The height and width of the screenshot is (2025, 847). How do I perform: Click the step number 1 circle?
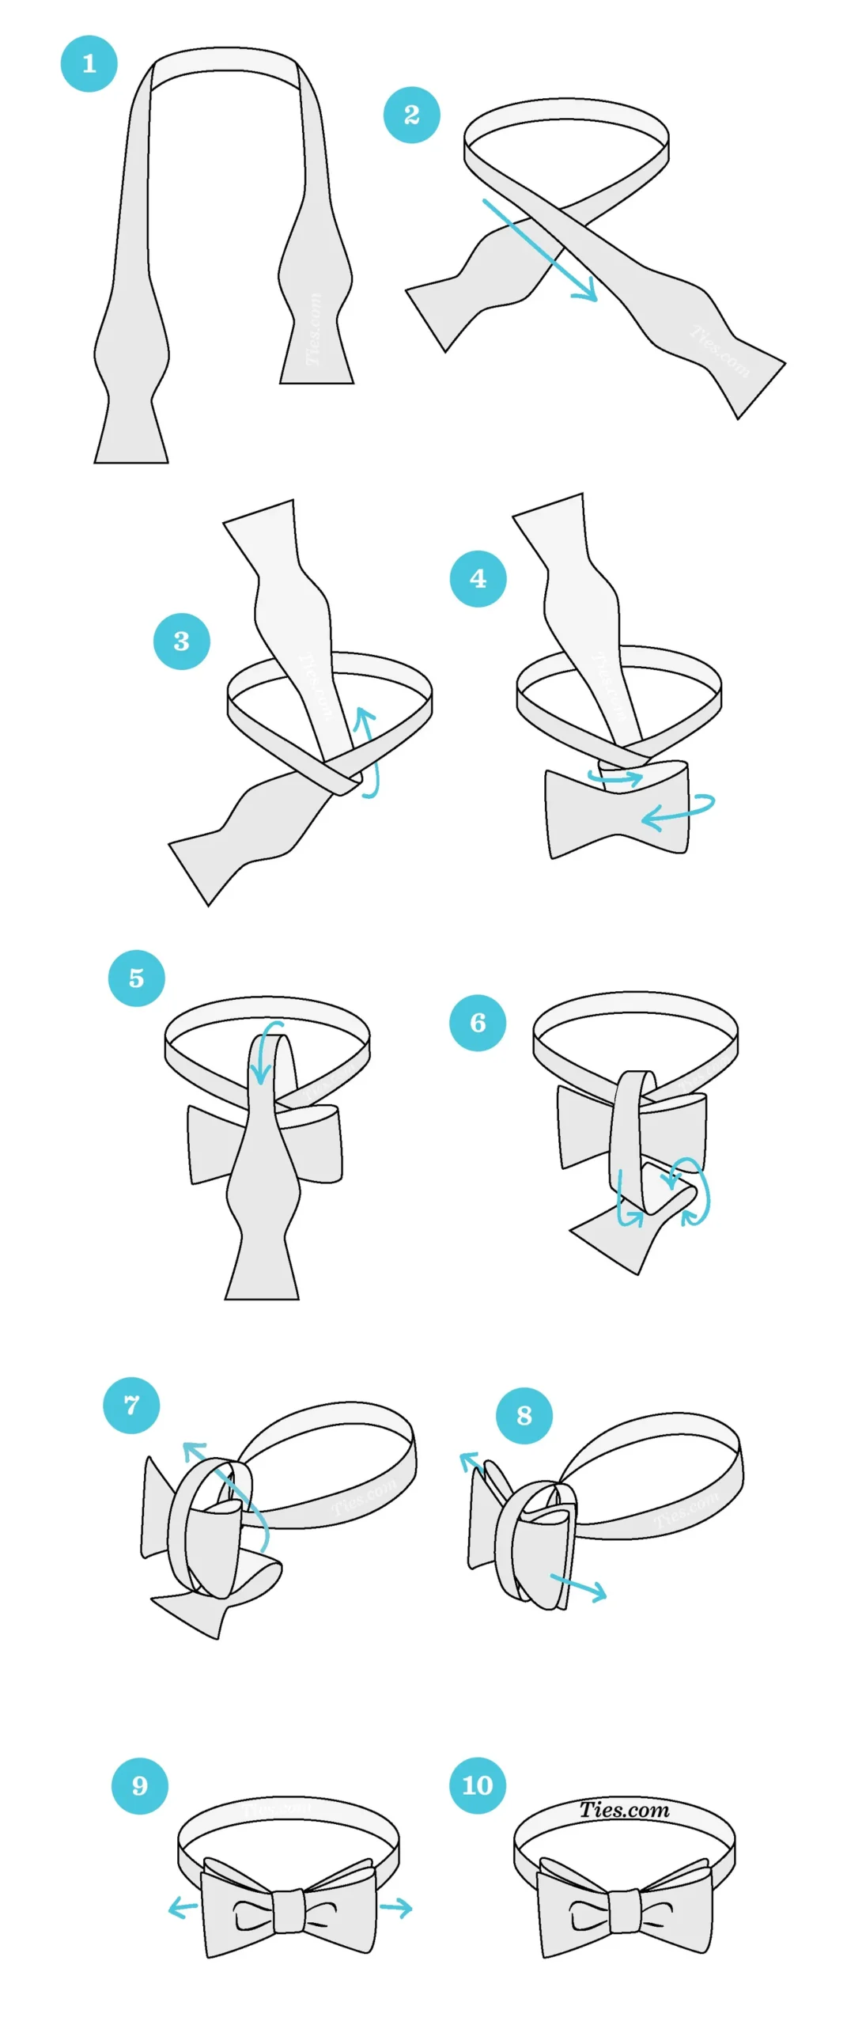[x=89, y=63]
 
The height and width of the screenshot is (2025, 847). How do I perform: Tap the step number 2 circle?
[x=411, y=115]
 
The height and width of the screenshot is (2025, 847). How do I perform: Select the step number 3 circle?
[x=181, y=641]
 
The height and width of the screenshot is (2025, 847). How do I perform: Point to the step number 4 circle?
[x=478, y=578]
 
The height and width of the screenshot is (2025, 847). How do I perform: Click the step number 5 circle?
[x=136, y=978]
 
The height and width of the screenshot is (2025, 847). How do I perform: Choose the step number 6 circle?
[x=477, y=1022]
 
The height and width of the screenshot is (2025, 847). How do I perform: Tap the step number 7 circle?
[x=131, y=1405]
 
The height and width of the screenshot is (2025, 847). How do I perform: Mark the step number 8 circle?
[x=524, y=1415]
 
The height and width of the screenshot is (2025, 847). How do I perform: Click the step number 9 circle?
[x=139, y=1785]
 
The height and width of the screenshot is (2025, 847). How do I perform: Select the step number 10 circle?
[x=477, y=1785]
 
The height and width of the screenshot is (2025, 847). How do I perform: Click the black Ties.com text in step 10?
[x=624, y=1809]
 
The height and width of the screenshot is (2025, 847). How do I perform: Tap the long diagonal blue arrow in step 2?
[x=540, y=251]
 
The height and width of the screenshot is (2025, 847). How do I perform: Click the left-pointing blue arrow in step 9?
[x=183, y=1909]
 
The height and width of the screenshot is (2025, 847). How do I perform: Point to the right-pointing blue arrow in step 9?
[x=396, y=1908]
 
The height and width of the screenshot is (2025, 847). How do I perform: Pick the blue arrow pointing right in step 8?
[x=579, y=1585]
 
